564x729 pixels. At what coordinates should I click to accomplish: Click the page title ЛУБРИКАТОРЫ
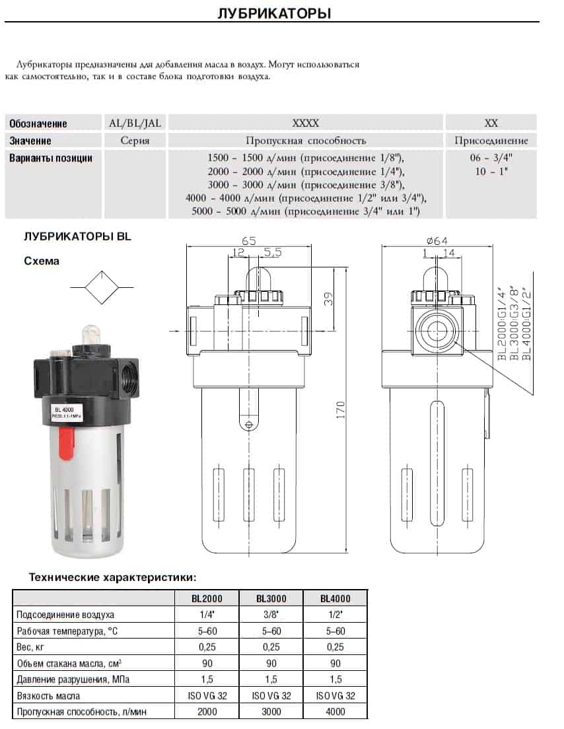tap(274, 13)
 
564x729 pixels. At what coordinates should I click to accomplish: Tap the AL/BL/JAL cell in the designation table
tap(135, 123)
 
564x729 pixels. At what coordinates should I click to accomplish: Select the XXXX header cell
tap(306, 123)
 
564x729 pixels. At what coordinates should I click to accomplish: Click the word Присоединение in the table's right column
tap(491, 141)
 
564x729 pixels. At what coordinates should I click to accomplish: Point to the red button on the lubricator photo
tap(66, 443)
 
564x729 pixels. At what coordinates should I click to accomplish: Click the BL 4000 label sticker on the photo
tap(67, 413)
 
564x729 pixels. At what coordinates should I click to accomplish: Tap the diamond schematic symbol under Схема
tap(102, 287)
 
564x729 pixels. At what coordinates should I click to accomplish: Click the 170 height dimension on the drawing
tap(341, 410)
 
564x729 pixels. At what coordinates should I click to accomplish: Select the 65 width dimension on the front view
tap(249, 240)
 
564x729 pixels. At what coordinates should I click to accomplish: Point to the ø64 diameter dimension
tap(437, 240)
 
